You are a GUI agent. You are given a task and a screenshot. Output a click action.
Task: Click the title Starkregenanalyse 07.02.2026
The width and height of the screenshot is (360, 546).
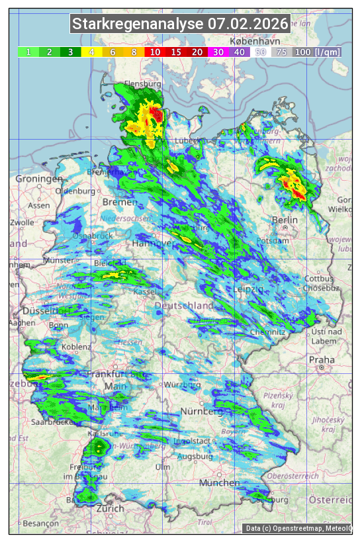click(180, 24)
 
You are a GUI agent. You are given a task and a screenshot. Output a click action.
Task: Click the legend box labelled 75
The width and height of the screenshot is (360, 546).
click(281, 52)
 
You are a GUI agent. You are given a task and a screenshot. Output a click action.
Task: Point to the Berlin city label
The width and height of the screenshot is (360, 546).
click(285, 220)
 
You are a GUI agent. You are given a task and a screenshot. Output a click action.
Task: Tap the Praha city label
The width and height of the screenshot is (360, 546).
click(322, 360)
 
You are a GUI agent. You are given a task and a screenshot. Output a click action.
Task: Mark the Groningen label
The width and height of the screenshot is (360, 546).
click(39, 179)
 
